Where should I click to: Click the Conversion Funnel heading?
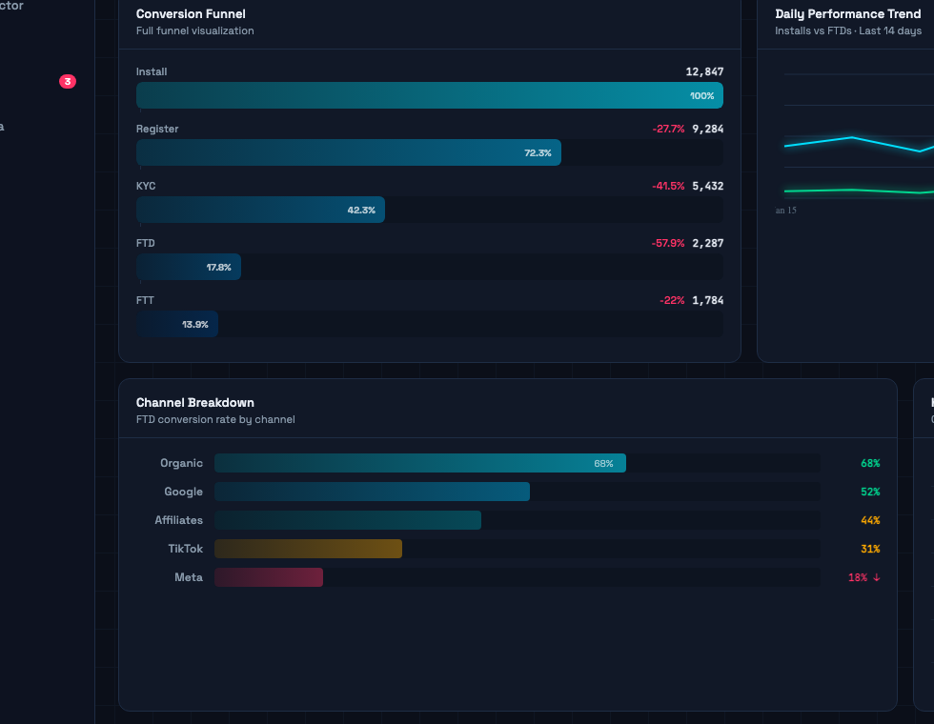click(191, 14)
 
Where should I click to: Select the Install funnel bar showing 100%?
click(429, 95)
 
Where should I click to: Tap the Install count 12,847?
click(704, 71)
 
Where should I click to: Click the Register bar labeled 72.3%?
click(349, 152)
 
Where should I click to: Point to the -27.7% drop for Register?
click(668, 129)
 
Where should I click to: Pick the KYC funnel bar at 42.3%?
click(260, 210)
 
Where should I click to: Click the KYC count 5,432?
click(707, 186)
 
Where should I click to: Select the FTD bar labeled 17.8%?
click(189, 267)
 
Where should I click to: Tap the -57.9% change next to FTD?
click(668, 243)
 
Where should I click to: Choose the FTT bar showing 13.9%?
click(177, 324)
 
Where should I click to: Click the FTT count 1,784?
click(707, 300)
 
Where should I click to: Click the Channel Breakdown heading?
click(195, 403)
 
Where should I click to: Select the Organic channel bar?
click(419, 463)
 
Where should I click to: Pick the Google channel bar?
click(372, 492)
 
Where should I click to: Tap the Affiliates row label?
click(179, 520)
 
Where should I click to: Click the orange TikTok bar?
click(308, 549)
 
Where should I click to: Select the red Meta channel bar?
click(269, 577)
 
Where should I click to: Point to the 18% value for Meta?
click(858, 577)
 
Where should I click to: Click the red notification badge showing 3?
click(68, 82)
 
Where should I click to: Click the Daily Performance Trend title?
click(848, 14)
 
